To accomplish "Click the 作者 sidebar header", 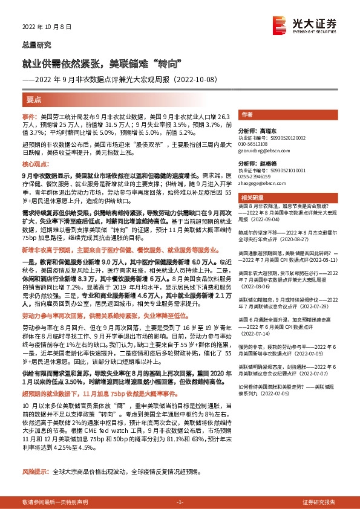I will pos(246,114).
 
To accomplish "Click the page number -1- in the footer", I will pos(179,502).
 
